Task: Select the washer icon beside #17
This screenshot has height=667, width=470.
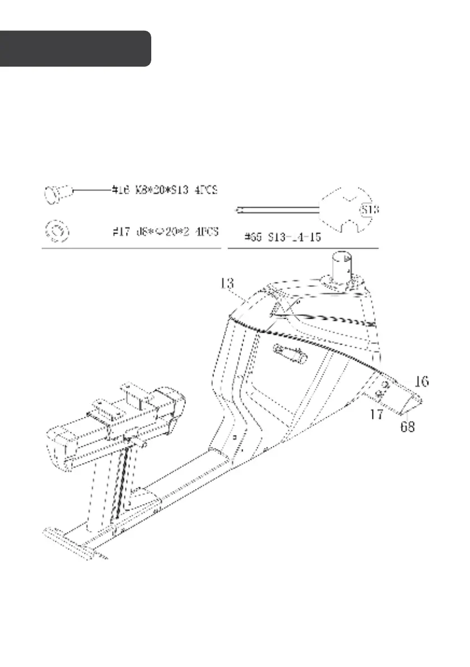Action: tap(56, 230)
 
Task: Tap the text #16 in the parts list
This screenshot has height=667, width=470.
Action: tap(120, 192)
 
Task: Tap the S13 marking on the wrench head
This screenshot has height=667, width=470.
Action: tap(367, 209)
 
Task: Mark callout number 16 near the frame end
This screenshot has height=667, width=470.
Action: tap(421, 382)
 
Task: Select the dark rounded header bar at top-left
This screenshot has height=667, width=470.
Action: tap(75, 49)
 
